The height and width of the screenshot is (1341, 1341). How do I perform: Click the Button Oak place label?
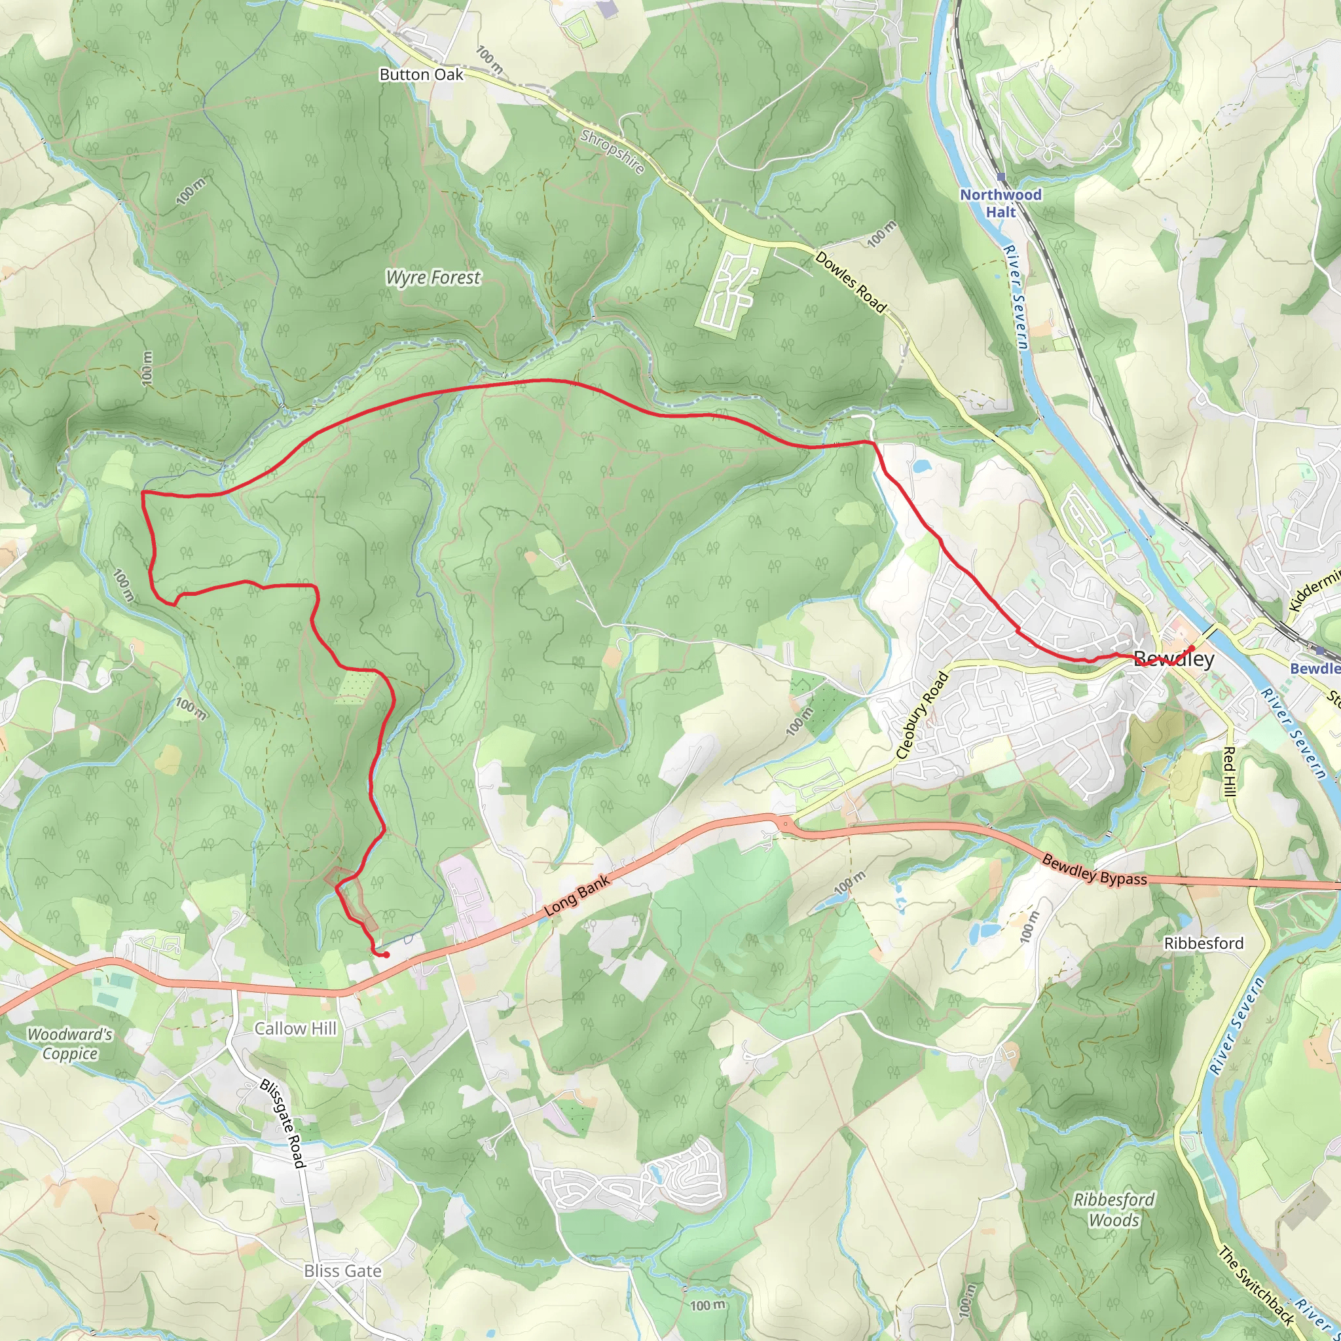[420, 74]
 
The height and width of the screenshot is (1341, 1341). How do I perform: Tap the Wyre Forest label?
[432, 278]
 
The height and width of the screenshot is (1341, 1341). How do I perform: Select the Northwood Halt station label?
[1001, 204]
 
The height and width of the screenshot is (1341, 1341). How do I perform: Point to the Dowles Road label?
[851, 282]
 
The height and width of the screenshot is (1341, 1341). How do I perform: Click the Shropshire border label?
[612, 151]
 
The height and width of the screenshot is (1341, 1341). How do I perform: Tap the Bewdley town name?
[1174, 659]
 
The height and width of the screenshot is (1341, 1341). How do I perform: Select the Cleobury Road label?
[922, 715]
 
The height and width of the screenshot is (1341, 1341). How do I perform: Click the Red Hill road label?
[1228, 771]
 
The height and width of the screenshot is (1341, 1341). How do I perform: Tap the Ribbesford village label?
[1203, 944]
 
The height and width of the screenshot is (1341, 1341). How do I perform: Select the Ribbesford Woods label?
[1113, 1210]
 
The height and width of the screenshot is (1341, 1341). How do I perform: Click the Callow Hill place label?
[295, 1028]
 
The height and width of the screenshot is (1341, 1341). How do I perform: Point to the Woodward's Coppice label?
[69, 1043]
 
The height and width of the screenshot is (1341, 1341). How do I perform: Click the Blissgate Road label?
[282, 1123]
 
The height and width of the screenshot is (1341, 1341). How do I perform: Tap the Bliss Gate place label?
[343, 1271]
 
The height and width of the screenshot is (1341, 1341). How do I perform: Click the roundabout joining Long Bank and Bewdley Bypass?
[785, 824]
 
